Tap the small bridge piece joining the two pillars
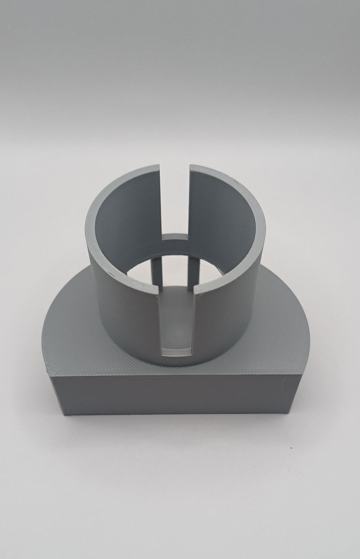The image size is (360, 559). [x=175, y=238]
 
